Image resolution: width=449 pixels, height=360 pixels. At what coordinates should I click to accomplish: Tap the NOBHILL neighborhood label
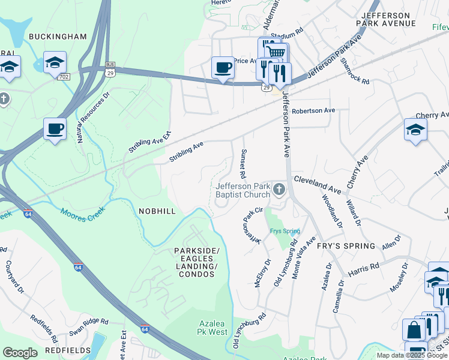pyautogui.click(x=157, y=211)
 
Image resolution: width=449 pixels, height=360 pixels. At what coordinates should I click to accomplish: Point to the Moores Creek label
pyautogui.click(x=82, y=211)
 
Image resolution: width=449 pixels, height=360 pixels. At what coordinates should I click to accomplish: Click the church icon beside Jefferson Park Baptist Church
pyautogui.click(x=279, y=190)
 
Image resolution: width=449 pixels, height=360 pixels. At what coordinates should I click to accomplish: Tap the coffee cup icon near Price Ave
pyautogui.click(x=223, y=67)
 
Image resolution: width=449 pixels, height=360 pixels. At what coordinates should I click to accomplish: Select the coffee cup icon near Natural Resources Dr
pyautogui.click(x=55, y=128)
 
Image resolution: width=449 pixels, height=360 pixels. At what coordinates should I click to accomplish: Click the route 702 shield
pyautogui.click(x=64, y=77)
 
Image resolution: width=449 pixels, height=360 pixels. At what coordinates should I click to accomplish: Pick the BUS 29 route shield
pyautogui.click(x=110, y=67)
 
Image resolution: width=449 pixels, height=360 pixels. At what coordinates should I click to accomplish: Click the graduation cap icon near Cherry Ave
pyautogui.click(x=415, y=129)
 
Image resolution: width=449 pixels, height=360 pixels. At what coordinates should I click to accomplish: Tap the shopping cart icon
pyautogui.click(x=276, y=52)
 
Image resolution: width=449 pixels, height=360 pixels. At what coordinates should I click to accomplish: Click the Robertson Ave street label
pyautogui.click(x=313, y=111)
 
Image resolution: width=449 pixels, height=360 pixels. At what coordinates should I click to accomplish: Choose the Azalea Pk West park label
pyautogui.click(x=212, y=328)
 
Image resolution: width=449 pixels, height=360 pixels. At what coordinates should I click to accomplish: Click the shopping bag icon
pyautogui.click(x=414, y=329)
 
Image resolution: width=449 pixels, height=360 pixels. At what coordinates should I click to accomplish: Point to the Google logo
pyautogui.click(x=20, y=353)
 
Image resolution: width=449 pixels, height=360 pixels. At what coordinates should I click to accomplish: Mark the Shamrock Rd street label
pyautogui.click(x=354, y=71)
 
